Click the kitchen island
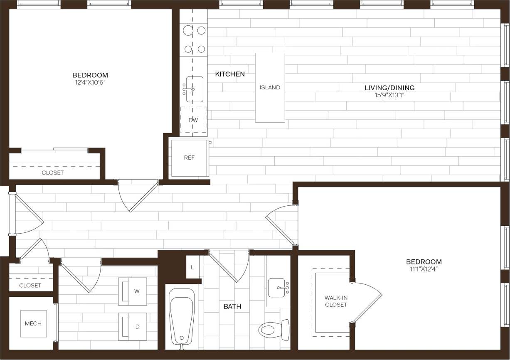(x=270, y=87)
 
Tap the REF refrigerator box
(x=190, y=158)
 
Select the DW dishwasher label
(x=193, y=120)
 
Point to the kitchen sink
(x=194, y=89)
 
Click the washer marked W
(x=133, y=291)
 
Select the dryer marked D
(x=133, y=326)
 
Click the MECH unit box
(x=33, y=323)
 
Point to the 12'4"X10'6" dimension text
(x=90, y=82)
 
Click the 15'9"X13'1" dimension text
(x=389, y=95)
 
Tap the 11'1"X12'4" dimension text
(x=424, y=269)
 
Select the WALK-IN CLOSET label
(x=336, y=301)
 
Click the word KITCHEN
(x=230, y=74)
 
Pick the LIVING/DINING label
(x=389, y=88)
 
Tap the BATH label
(x=232, y=307)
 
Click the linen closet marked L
(x=192, y=267)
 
